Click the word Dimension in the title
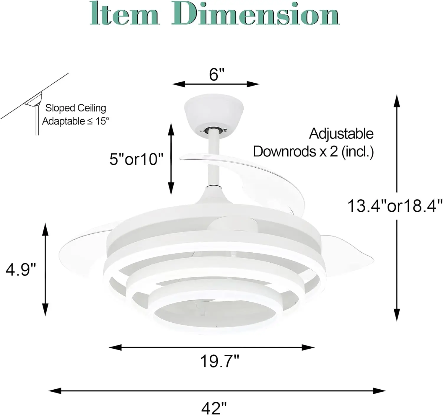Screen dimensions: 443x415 255,14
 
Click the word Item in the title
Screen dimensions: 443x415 124,14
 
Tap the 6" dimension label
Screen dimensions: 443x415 216,74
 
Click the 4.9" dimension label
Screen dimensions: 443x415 21,269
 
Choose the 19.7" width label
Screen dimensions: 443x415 220,361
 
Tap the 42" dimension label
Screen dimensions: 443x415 214,408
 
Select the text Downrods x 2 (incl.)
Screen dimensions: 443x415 313,152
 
